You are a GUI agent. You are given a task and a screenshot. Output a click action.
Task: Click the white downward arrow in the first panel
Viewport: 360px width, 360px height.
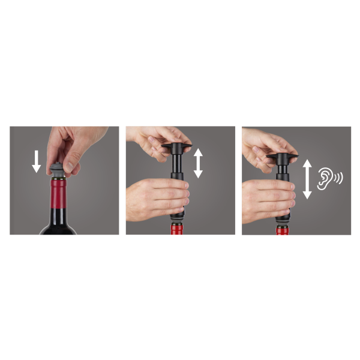click(36, 160)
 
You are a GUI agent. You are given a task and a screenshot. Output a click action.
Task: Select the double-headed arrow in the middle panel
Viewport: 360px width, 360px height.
click(198, 163)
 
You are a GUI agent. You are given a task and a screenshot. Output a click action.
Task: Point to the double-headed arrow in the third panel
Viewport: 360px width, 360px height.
click(307, 179)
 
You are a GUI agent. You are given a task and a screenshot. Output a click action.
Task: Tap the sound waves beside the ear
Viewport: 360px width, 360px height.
click(339, 178)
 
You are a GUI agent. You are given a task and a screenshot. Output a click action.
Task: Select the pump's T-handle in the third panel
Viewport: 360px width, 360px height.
click(281, 157)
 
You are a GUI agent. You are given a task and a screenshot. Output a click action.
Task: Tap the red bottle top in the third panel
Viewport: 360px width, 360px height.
click(282, 230)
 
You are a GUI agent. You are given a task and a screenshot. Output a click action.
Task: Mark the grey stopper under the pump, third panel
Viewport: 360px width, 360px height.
click(282, 221)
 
